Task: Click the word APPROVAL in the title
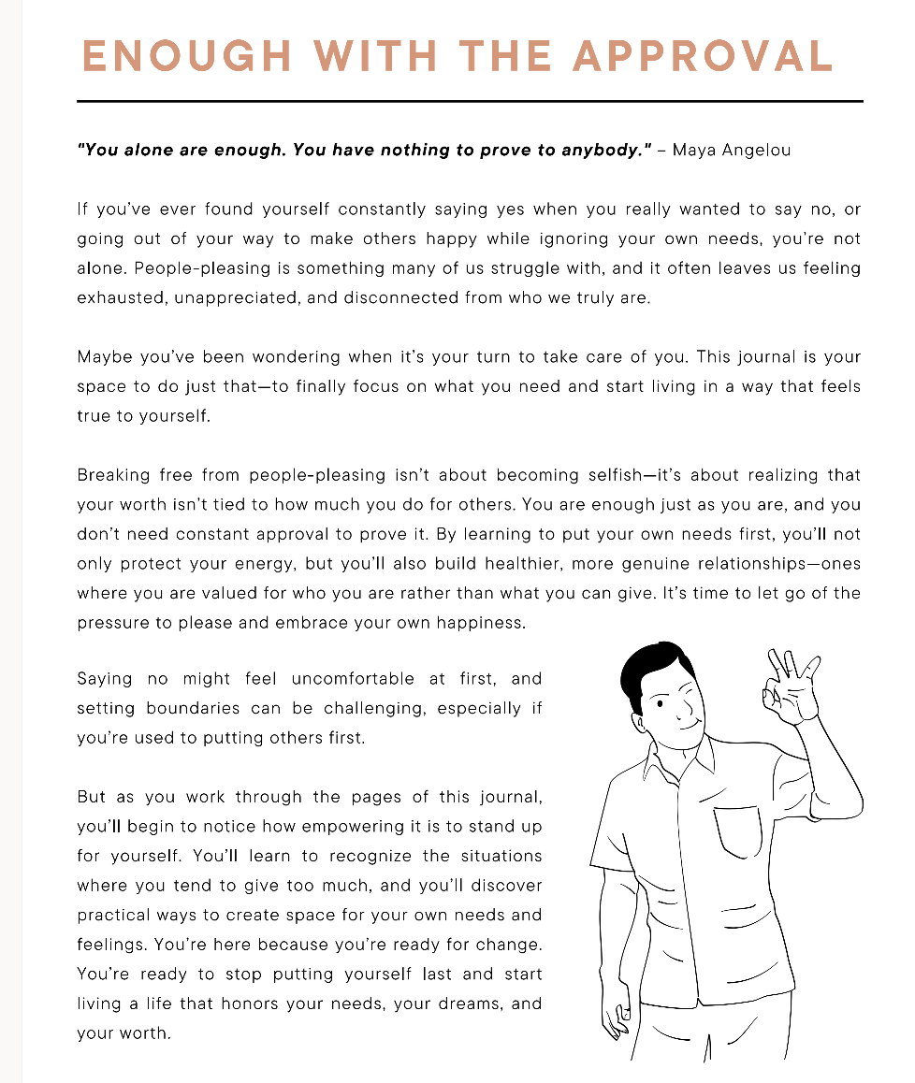click(x=702, y=56)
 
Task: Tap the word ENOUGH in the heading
click(x=185, y=56)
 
